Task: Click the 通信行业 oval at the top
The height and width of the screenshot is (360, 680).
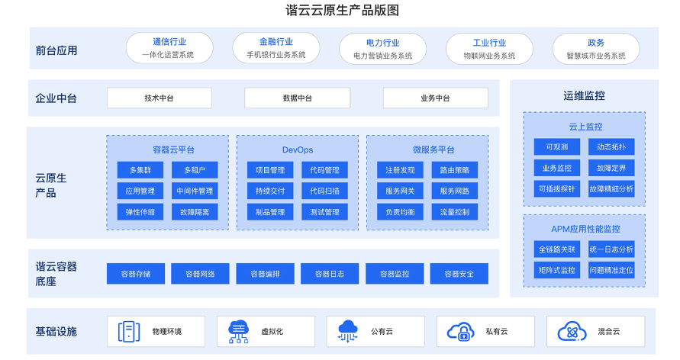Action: tap(169, 48)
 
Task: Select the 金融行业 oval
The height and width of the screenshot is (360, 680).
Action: tap(276, 48)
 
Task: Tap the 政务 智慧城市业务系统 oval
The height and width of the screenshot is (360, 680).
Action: tap(596, 49)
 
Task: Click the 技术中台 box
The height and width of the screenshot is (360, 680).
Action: tap(160, 98)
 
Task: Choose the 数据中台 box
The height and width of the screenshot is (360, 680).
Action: tap(297, 98)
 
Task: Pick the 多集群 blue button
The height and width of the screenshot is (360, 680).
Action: tap(140, 170)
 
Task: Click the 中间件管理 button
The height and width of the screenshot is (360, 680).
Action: tap(195, 191)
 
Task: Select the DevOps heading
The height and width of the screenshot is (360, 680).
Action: tap(298, 150)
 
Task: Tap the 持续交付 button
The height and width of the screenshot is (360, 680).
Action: tap(270, 191)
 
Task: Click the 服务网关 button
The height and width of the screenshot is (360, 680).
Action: tap(400, 191)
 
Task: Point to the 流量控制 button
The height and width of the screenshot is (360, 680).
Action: tap(455, 212)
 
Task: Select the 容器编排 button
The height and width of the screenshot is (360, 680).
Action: tap(265, 274)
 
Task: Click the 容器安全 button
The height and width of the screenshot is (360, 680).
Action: tap(459, 274)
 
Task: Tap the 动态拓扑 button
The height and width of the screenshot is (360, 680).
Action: tap(611, 147)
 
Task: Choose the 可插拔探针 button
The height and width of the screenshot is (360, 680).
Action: tap(557, 189)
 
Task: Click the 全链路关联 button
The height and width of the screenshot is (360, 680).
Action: tap(557, 249)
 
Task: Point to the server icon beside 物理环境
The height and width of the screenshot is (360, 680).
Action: tap(129, 332)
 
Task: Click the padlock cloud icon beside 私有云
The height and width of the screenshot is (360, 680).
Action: tap(460, 332)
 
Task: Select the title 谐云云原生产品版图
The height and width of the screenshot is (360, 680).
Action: tap(342, 10)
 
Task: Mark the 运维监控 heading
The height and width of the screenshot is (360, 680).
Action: tap(584, 96)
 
